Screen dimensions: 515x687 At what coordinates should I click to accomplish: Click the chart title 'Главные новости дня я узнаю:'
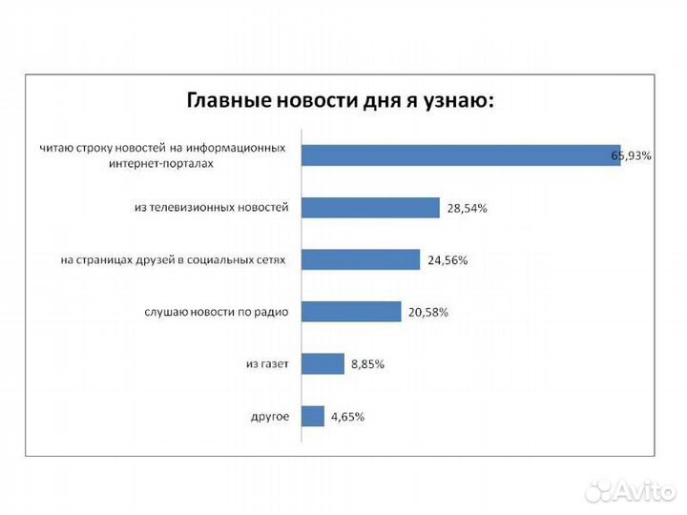coord(340,99)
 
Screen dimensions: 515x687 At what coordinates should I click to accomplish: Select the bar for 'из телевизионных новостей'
coord(370,207)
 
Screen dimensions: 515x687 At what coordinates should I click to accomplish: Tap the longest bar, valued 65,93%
coord(461,155)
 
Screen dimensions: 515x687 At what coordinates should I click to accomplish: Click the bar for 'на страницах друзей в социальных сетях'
coord(361,259)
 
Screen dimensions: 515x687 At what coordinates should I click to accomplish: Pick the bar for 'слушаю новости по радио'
coord(351,311)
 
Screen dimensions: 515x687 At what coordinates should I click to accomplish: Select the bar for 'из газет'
coord(323,363)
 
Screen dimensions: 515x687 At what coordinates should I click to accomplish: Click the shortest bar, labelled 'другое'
coord(313,416)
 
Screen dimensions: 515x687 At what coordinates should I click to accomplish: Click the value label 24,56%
coord(447,259)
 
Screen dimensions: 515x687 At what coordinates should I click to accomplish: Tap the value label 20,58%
coord(427,312)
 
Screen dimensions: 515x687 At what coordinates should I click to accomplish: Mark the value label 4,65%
coord(347,416)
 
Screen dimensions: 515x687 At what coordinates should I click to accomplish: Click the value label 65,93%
coord(632,155)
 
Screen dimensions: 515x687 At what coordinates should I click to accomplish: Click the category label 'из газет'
coord(267,363)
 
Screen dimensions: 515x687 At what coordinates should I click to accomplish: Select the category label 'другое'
coord(270,416)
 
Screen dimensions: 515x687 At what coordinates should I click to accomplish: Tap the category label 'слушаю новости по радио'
coord(218,312)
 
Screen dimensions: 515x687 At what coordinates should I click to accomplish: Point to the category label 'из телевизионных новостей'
coord(211,207)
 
